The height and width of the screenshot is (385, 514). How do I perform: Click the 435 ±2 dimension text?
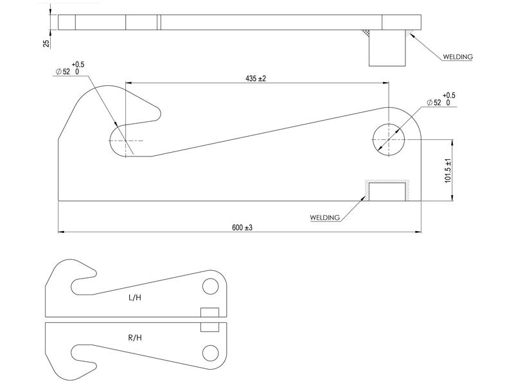coord(256,78)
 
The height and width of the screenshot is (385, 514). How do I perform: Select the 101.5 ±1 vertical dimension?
coord(448,170)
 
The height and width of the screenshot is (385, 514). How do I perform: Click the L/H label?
coord(135,298)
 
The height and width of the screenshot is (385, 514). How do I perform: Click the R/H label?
coord(135,338)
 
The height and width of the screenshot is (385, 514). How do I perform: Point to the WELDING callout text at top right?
coord(457,56)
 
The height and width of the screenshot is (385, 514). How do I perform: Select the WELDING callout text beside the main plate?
coord(324,218)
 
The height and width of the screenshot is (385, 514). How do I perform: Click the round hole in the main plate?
coord(389,138)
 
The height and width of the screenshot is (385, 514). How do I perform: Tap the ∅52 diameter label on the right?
coord(437,102)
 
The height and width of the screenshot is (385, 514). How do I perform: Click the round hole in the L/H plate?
coord(210,286)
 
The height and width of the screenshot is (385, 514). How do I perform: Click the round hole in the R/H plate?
coord(210,352)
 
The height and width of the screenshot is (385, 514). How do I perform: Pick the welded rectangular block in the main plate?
coord(387,191)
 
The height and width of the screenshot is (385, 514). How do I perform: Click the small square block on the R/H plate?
coord(209,327)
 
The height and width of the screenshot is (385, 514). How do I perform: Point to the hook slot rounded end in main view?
coord(120,140)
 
